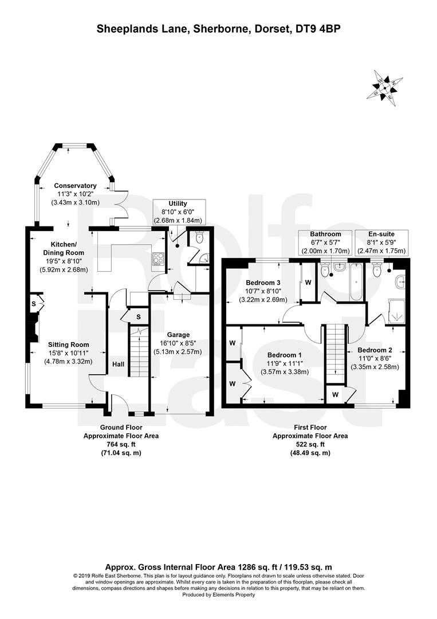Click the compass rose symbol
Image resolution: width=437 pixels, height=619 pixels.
(x=385, y=88)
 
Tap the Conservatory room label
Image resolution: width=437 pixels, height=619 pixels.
(x=76, y=186)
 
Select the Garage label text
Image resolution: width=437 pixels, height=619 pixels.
(x=178, y=335)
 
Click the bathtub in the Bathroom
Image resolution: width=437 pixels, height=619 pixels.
(x=357, y=281)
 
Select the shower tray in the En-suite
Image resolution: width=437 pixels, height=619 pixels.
(x=396, y=312)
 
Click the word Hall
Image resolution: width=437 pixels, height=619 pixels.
(x=119, y=364)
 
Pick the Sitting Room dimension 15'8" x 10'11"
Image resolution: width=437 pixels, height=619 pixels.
(x=68, y=353)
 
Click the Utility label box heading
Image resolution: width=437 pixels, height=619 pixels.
(x=178, y=203)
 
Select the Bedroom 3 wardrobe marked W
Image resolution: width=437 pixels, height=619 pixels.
(x=308, y=282)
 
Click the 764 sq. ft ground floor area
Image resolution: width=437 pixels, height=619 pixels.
(x=121, y=445)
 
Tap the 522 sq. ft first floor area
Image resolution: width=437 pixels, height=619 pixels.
(x=310, y=445)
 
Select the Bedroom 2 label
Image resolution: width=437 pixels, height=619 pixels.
(x=375, y=350)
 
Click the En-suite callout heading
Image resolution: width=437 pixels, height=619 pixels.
(x=381, y=234)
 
